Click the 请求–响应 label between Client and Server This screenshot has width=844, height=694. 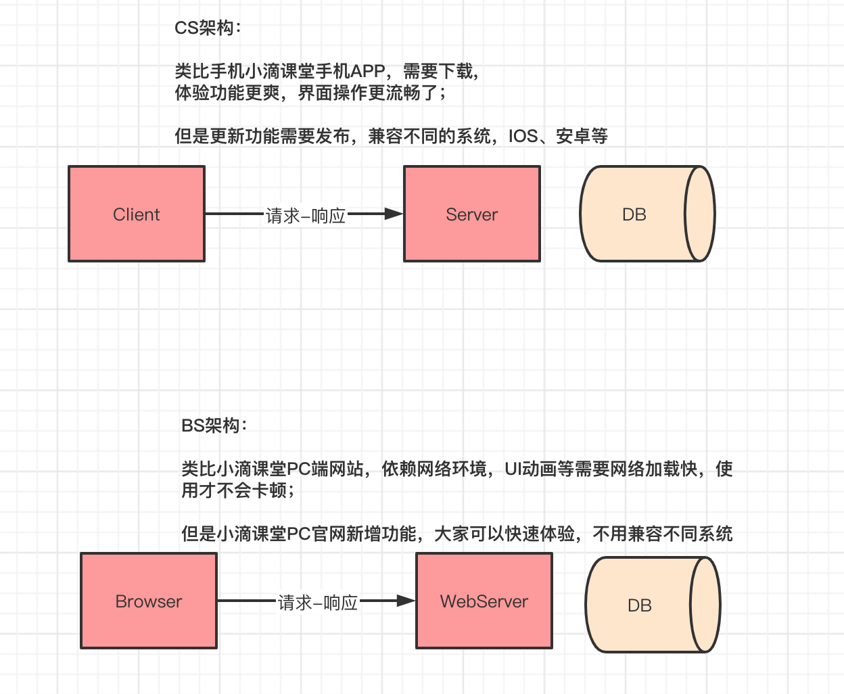pyautogui.click(x=306, y=216)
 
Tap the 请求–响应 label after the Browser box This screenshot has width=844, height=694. pyautogui.click(x=318, y=603)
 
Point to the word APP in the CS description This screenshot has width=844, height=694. pyautogui.click(x=368, y=71)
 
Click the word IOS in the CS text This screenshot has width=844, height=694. pyautogui.click(x=523, y=136)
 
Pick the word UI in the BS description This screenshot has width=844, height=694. pyautogui.click(x=512, y=469)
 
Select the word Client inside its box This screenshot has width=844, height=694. pyautogui.click(x=137, y=214)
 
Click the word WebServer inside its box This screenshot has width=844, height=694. pyautogui.click(x=484, y=601)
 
